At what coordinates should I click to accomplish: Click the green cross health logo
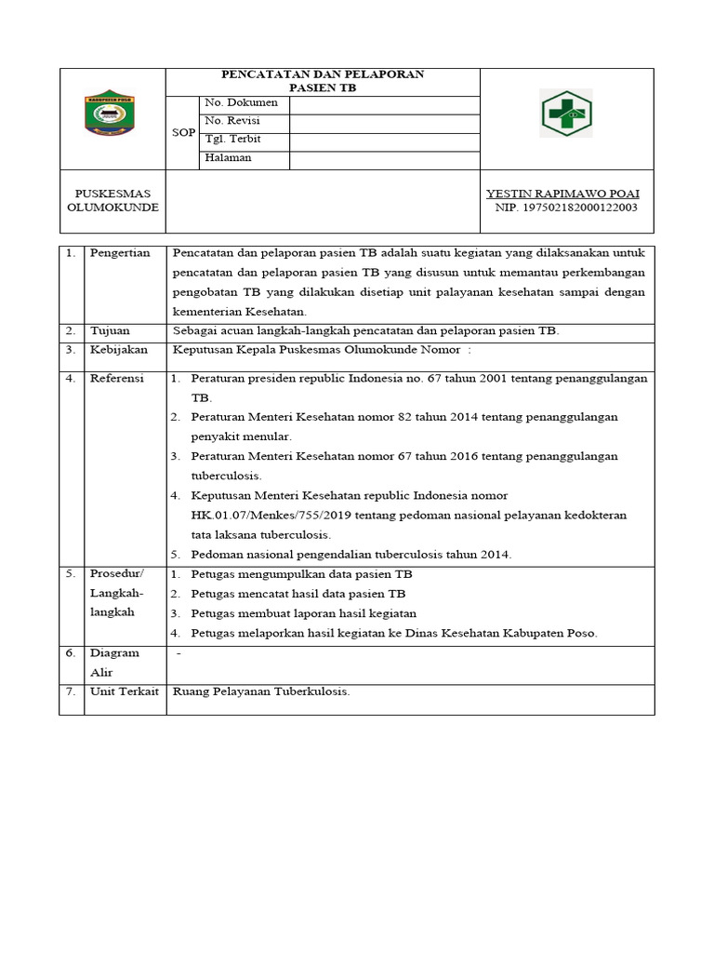(566, 114)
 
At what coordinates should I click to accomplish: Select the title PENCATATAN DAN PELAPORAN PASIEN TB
(322, 81)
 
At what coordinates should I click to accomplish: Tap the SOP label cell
(183, 133)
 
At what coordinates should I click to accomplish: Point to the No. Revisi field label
(231, 121)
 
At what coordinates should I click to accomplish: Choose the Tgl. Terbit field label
(232, 140)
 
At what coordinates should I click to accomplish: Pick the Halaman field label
(228, 158)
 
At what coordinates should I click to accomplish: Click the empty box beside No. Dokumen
(384, 103)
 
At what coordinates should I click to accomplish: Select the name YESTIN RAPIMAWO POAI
(562, 193)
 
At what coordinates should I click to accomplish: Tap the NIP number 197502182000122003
(565, 208)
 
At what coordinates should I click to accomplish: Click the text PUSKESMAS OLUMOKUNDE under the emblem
(112, 200)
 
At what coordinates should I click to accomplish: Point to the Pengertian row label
(119, 254)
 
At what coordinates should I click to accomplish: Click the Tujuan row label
(111, 330)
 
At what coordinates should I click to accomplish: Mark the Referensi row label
(116, 379)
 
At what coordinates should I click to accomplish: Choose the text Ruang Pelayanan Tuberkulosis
(261, 691)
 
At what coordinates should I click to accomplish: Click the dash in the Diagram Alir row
(178, 653)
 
